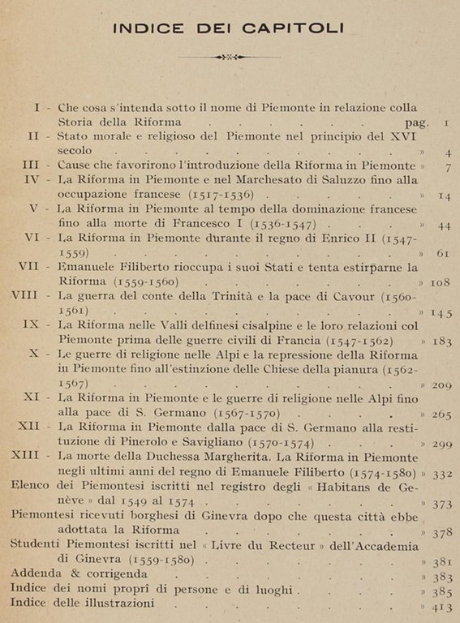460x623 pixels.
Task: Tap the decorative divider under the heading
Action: [x=229, y=57]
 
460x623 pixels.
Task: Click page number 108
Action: [x=440, y=282]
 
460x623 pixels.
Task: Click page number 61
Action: [x=443, y=254]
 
